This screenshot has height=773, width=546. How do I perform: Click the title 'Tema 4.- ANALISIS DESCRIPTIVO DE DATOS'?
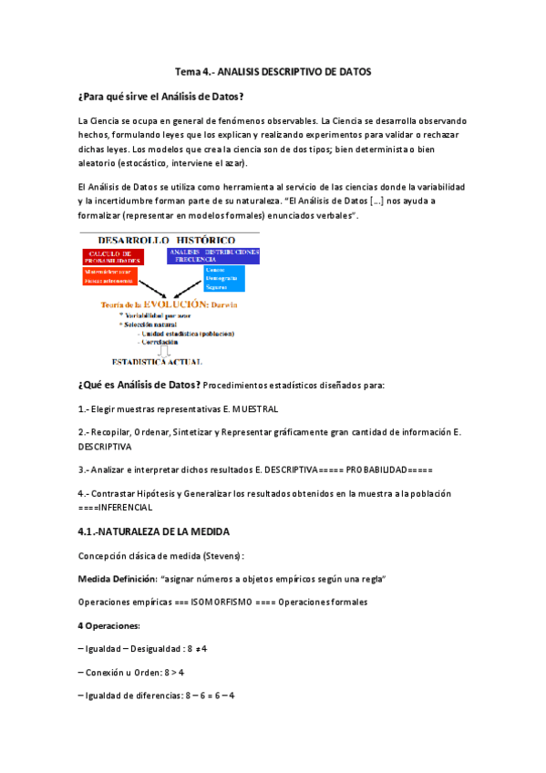pyautogui.click(x=273, y=71)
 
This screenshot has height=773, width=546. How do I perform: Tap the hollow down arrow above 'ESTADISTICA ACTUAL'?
pyautogui.click(x=165, y=352)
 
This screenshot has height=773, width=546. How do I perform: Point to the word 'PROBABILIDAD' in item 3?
pyautogui.click(x=377, y=469)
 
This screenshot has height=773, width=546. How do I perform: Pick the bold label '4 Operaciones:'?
pyautogui.click(x=109, y=625)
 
